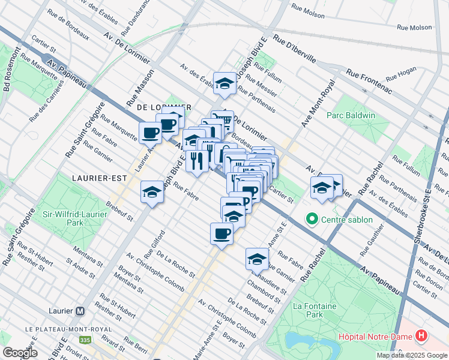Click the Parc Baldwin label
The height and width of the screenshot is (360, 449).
coord(351,115)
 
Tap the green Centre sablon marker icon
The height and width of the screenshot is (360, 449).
coord(312,220)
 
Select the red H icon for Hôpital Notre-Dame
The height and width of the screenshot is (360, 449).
coord(422,337)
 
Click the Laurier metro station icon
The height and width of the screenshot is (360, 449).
coord(80,311)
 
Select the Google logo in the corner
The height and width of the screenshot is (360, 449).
coord(20,353)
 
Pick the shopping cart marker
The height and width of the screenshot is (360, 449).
coord(223,122)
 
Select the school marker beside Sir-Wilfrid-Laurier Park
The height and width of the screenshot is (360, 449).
coord(152,193)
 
